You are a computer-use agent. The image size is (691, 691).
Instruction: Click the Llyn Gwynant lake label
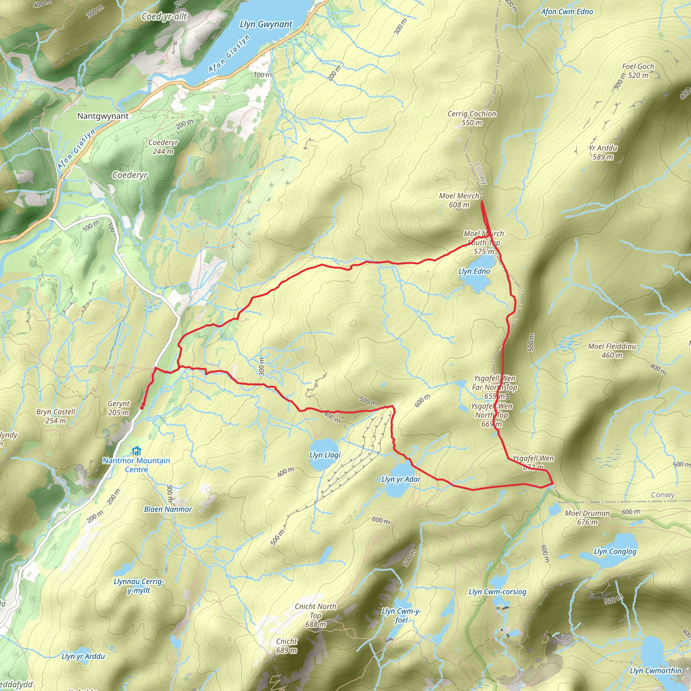click(266, 24)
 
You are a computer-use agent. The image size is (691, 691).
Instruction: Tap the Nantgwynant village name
click(103, 116)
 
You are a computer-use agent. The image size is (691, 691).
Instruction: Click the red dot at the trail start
click(142, 407)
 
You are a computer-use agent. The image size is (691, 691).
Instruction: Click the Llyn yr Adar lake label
click(400, 479)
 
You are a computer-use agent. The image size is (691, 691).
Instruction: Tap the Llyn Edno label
click(474, 272)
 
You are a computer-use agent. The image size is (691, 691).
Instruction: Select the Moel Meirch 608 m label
click(459, 200)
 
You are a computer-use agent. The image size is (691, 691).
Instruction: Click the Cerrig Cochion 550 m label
click(471, 118)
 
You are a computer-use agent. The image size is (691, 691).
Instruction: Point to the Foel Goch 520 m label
click(638, 71)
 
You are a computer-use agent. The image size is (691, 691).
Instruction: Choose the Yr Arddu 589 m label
click(603, 153)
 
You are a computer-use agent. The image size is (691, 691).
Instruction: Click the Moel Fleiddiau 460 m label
click(612, 351)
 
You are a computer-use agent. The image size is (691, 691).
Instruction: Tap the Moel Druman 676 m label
click(587, 518)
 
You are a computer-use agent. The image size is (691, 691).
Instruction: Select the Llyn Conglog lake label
click(615, 552)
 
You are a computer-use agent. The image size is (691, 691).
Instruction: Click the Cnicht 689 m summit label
click(286, 645)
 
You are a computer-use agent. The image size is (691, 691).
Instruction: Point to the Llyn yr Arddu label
click(83, 656)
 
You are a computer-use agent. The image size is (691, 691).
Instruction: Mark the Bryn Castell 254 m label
click(55, 416)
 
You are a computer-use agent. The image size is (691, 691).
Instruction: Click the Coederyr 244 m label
click(163, 147)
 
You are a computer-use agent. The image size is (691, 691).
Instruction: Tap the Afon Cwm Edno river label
click(566, 12)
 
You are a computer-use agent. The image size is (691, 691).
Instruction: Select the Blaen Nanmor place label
click(168, 509)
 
